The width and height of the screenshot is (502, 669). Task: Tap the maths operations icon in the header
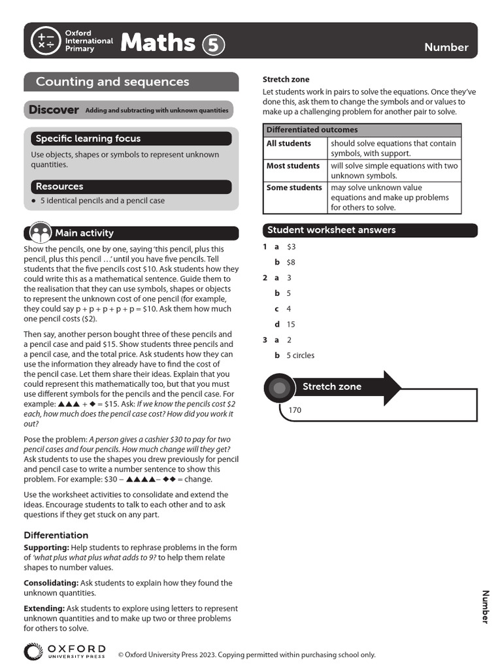click(46, 41)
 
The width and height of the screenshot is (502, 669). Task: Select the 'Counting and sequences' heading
click(112, 82)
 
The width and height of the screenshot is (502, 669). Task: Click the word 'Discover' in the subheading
click(54, 110)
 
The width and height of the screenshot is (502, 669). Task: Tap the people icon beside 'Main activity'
click(39, 232)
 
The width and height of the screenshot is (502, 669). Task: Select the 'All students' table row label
click(288, 143)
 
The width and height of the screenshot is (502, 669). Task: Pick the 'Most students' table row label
click(293, 166)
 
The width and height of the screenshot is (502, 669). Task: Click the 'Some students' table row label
click(294, 188)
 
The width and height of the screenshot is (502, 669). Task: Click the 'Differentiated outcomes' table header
click(312, 129)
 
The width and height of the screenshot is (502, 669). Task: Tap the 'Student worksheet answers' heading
click(331, 230)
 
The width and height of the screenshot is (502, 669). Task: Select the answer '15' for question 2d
click(291, 324)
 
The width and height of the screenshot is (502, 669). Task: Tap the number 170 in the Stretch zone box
click(294, 411)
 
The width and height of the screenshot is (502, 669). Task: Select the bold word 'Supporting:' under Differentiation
click(46, 547)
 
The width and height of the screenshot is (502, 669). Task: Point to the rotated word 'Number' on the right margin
click(485, 606)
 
